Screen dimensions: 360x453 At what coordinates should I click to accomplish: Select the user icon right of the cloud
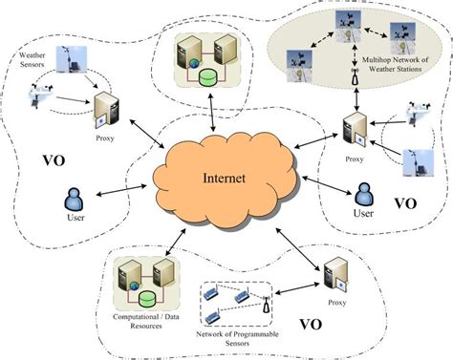(x=364, y=195)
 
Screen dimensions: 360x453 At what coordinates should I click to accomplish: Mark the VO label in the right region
(x=404, y=203)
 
